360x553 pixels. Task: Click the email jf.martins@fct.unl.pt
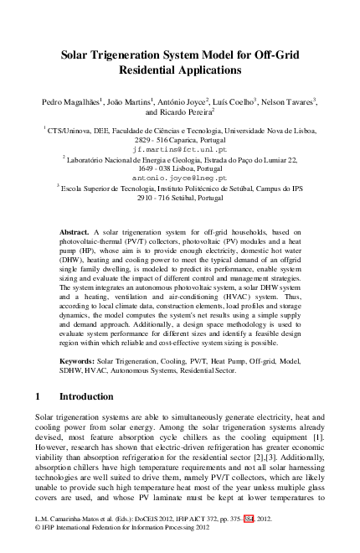(179, 147)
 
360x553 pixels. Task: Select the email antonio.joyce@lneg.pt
(179, 178)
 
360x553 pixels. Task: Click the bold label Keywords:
(79, 361)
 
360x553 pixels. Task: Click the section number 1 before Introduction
(39, 396)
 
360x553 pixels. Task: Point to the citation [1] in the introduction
(317, 437)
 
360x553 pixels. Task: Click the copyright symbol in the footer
(38, 530)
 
